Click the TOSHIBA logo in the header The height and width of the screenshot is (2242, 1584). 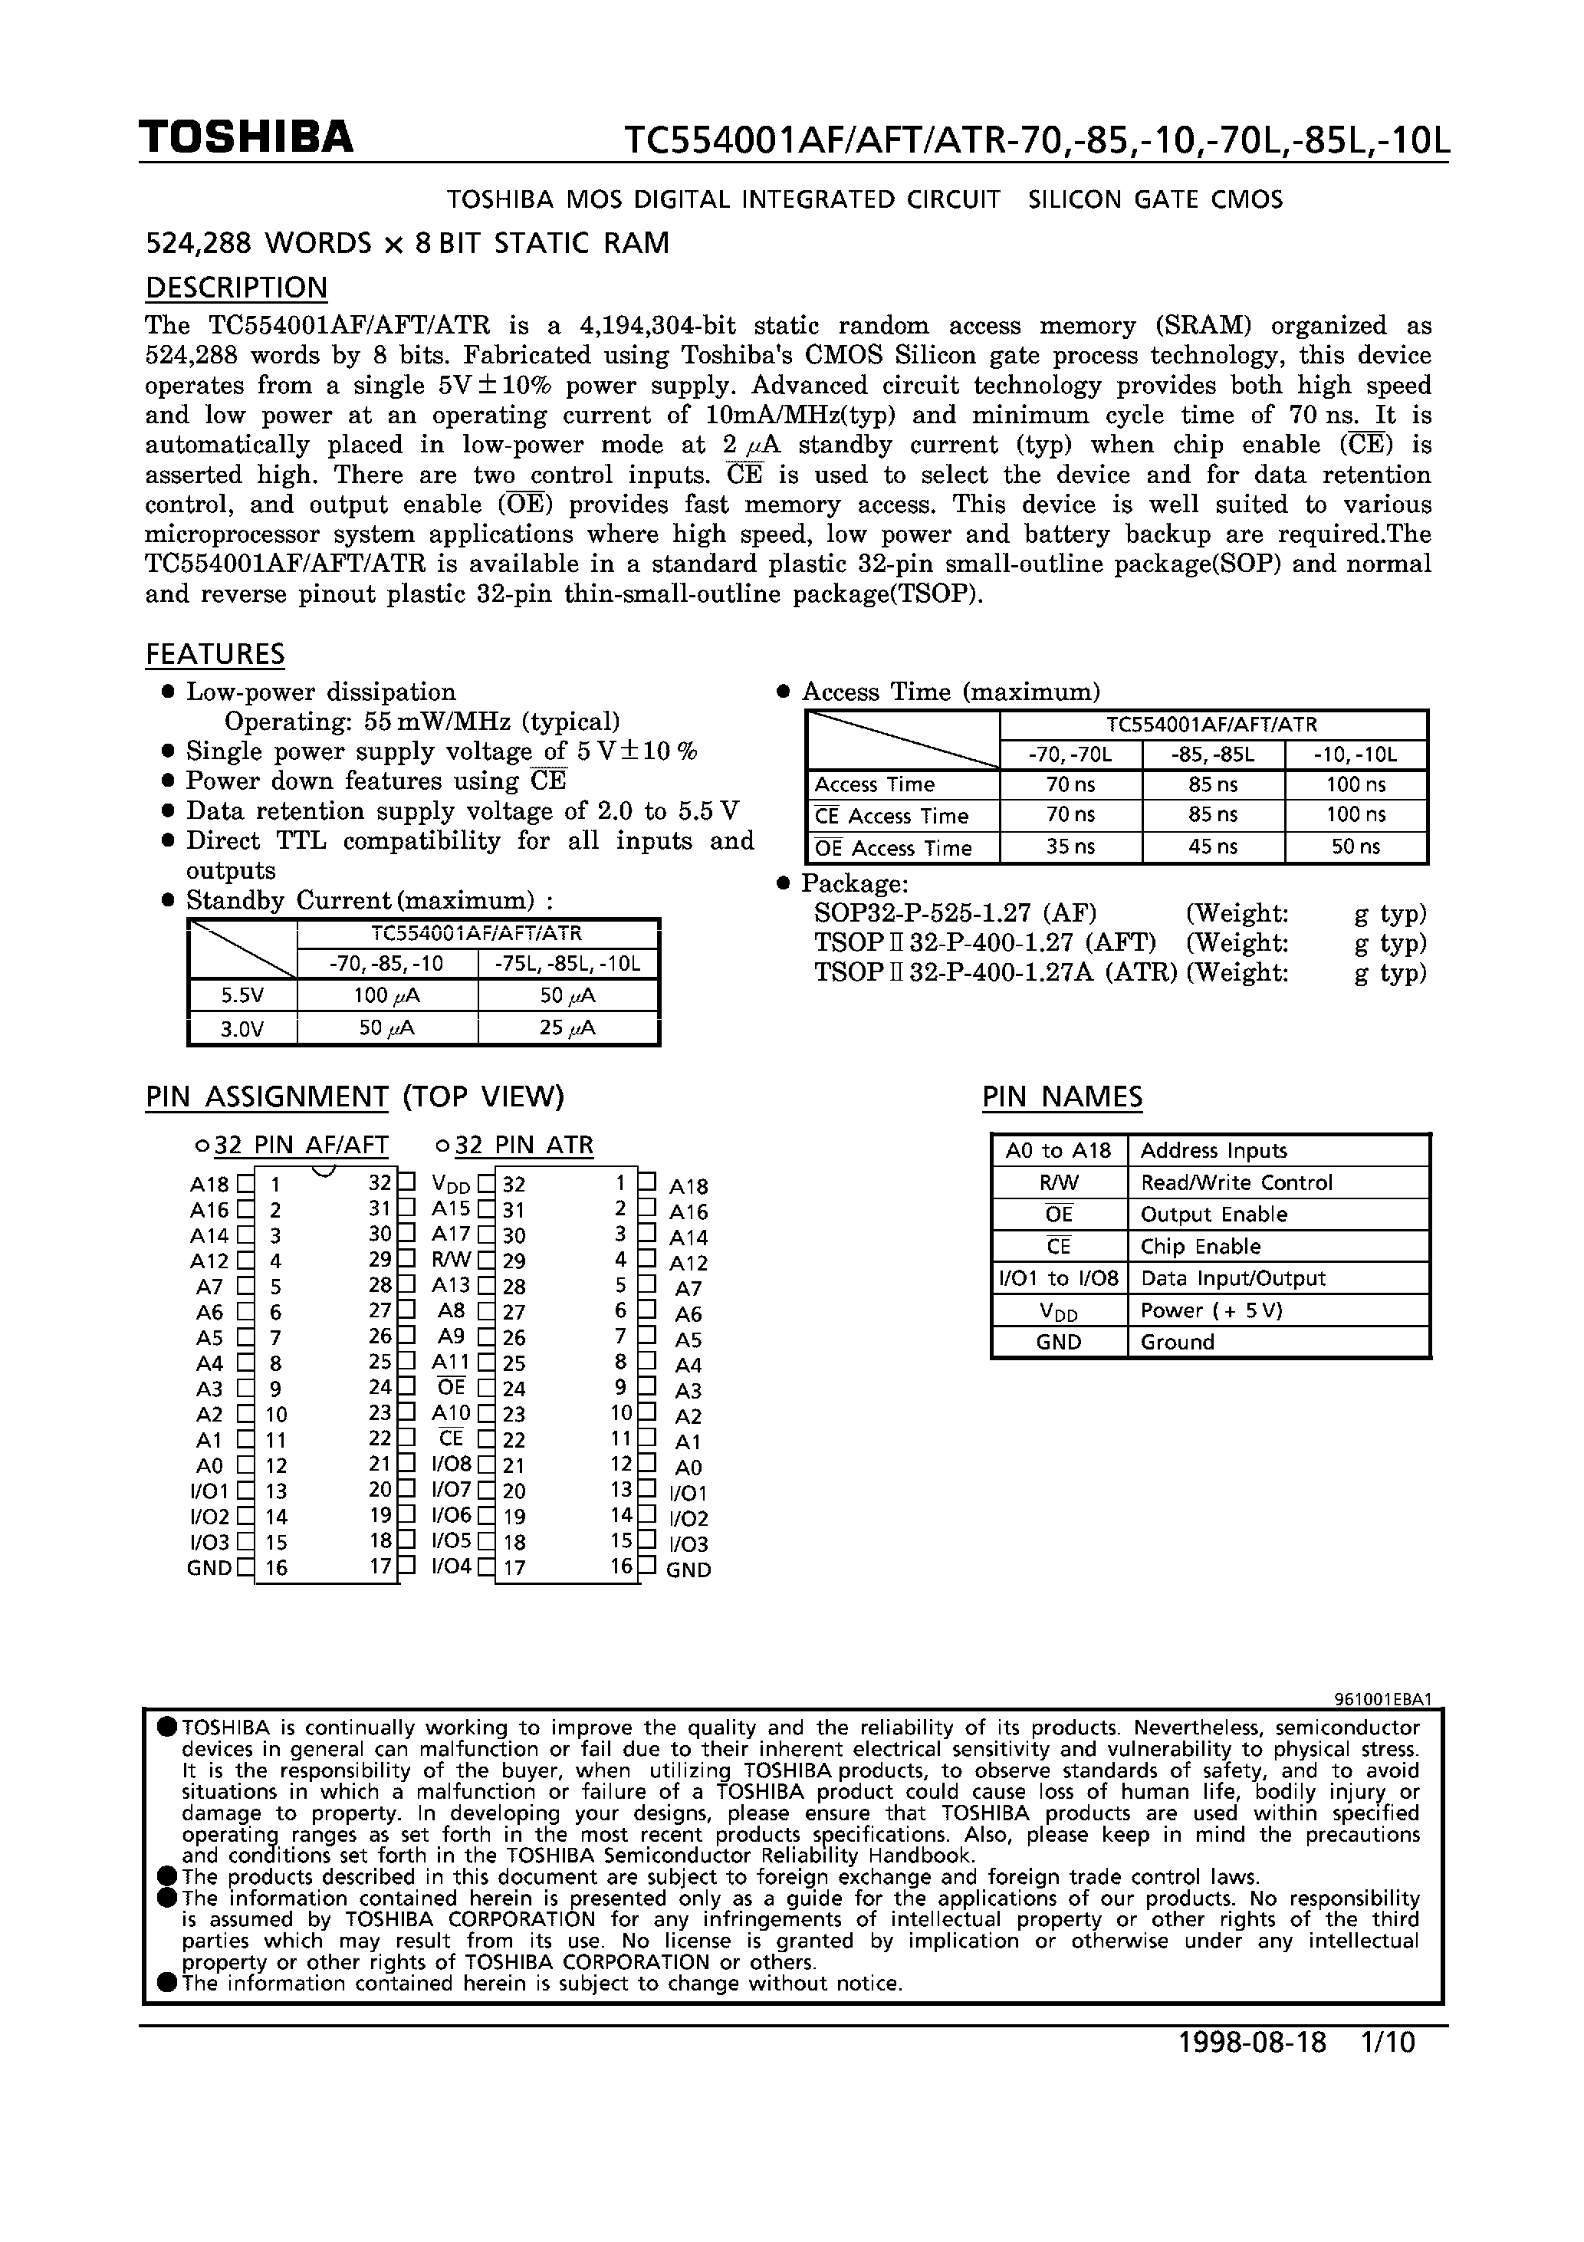[x=245, y=138]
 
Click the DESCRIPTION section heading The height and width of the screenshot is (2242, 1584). [x=236, y=288]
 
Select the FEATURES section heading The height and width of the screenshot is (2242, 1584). [x=215, y=654]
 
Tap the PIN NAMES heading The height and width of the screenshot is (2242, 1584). [x=1062, y=1096]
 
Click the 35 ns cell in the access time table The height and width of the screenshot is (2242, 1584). [x=1070, y=847]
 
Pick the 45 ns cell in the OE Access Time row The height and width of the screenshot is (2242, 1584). [x=1213, y=847]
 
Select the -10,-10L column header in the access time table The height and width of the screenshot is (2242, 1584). [x=1356, y=754]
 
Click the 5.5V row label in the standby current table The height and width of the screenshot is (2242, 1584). [x=242, y=996]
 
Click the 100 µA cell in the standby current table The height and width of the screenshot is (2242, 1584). [x=386, y=996]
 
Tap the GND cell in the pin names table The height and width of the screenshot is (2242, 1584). [x=1059, y=1342]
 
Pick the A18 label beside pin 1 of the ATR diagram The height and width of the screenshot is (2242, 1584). [x=688, y=1186]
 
